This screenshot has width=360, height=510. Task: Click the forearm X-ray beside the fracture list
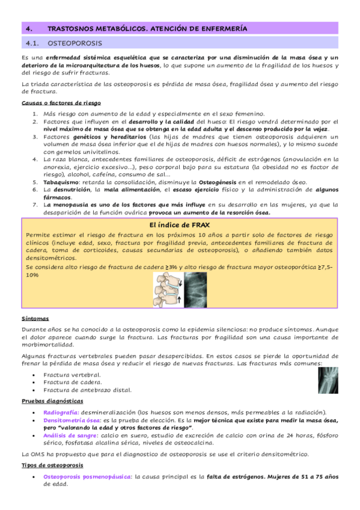[328, 381]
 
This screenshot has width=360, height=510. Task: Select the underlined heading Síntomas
[35, 318]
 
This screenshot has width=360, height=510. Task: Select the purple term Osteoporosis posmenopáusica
[87, 476]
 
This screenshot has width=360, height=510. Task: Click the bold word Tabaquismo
[61, 182]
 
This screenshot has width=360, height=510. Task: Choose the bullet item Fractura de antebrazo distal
[87, 390]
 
